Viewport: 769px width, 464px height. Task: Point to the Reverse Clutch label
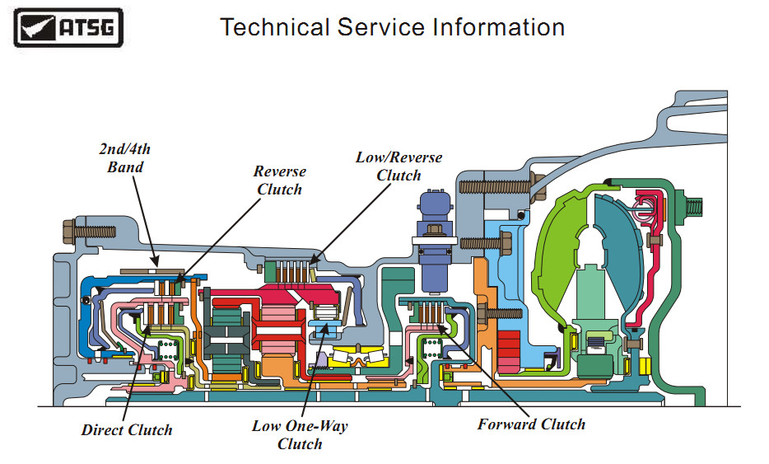(x=279, y=180)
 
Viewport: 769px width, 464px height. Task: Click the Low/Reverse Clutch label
(x=398, y=166)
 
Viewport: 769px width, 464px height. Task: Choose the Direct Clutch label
(x=127, y=430)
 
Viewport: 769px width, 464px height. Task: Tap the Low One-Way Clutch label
(x=300, y=435)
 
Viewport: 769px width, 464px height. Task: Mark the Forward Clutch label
(x=531, y=425)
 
